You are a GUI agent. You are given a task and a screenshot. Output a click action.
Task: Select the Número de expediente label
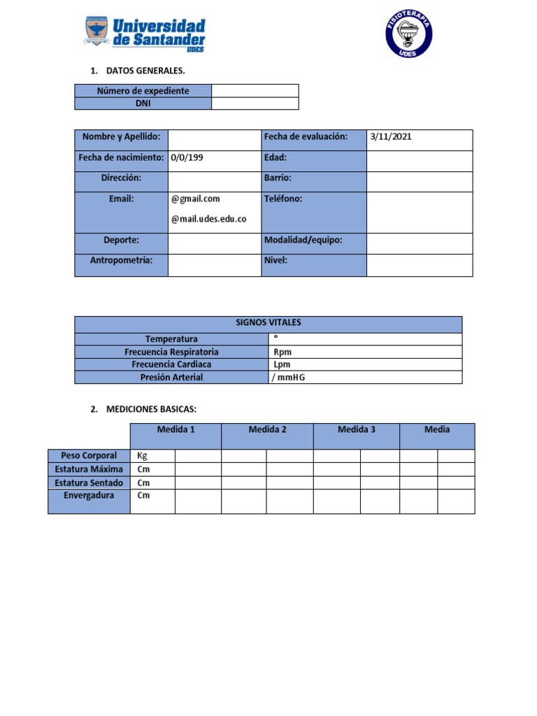pyautogui.click(x=143, y=91)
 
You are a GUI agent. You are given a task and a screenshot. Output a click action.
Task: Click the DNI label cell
pyautogui.click(x=143, y=103)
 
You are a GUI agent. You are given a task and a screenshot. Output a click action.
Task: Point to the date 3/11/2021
pyautogui.click(x=391, y=137)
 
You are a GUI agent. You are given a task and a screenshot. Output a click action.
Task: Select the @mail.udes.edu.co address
pyautogui.click(x=208, y=219)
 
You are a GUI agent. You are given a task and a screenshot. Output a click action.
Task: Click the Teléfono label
pyautogui.click(x=282, y=199)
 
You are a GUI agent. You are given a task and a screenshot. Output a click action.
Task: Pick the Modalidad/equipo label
pyautogui.click(x=303, y=241)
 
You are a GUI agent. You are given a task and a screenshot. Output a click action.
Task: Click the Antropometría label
pyautogui.click(x=121, y=261)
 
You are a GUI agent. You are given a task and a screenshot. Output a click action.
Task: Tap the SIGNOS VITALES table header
pyautogui.click(x=268, y=323)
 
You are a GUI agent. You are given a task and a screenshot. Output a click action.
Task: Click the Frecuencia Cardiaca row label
pyautogui.click(x=171, y=364)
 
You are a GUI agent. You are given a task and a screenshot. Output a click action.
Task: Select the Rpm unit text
pyautogui.click(x=282, y=352)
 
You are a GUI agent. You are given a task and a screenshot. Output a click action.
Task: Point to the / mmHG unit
pyautogui.click(x=289, y=378)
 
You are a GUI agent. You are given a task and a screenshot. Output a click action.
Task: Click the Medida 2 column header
pyautogui.click(x=267, y=429)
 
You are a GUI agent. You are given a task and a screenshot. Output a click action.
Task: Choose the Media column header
pyautogui.click(x=437, y=429)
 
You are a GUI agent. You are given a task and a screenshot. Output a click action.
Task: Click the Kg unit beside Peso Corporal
pyautogui.click(x=142, y=456)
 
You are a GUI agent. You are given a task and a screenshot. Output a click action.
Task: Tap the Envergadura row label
pyautogui.click(x=89, y=496)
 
